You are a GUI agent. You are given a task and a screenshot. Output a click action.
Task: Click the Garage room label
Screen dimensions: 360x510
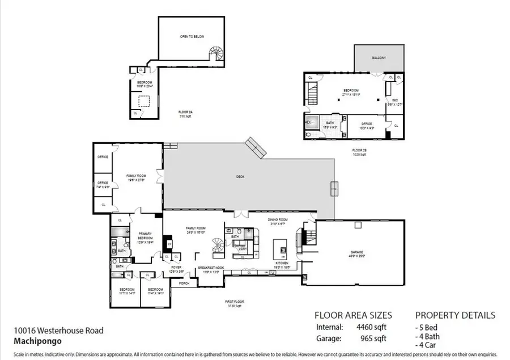358,253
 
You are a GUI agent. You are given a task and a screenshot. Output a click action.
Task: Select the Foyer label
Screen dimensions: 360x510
176,268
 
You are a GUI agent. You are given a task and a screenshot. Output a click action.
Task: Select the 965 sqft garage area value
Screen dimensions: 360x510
374,339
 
